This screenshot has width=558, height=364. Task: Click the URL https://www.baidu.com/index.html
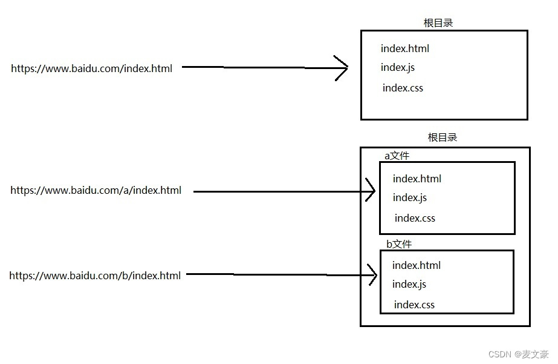(91, 68)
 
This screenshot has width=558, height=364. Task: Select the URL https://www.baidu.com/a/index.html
(96, 190)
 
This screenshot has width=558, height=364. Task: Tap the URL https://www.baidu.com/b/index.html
(95, 276)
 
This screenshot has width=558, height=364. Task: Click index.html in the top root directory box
(404, 48)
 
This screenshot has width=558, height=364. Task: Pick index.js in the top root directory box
(397, 67)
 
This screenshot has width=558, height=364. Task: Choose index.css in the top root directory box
(403, 88)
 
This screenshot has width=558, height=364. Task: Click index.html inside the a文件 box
(417, 179)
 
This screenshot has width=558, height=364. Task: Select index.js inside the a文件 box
(409, 197)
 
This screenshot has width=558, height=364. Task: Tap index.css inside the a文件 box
(415, 218)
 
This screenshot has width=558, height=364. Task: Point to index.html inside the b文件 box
(416, 265)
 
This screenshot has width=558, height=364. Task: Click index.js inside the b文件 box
(409, 284)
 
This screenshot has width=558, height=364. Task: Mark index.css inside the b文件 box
(414, 305)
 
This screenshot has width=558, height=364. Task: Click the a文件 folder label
(397, 156)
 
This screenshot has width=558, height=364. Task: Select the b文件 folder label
(398, 244)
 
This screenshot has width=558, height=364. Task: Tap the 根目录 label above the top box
(438, 23)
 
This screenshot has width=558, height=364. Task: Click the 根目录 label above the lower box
(443, 137)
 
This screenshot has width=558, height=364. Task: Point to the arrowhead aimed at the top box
(342, 67)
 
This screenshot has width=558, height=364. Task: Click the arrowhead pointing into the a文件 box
(370, 191)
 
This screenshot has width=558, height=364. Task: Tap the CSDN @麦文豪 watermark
(518, 354)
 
